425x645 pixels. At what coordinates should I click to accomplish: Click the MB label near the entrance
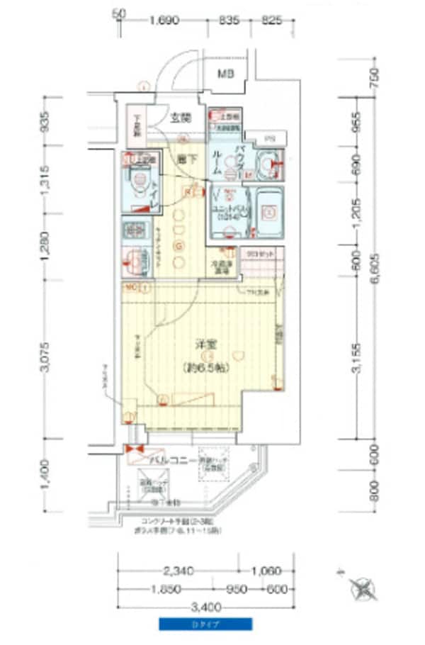[225, 74]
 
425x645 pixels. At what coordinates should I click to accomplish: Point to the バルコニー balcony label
[171, 461]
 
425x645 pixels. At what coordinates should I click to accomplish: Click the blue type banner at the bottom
[205, 624]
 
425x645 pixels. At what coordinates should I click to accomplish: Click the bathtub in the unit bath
[268, 211]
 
